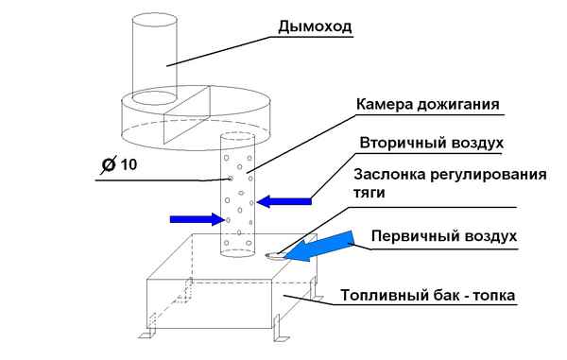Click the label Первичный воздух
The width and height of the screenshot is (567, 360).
point(443,235)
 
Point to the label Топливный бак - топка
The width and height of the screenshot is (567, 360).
point(428,295)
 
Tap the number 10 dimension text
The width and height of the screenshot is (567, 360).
point(130,164)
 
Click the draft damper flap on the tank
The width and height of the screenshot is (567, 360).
point(274,252)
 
